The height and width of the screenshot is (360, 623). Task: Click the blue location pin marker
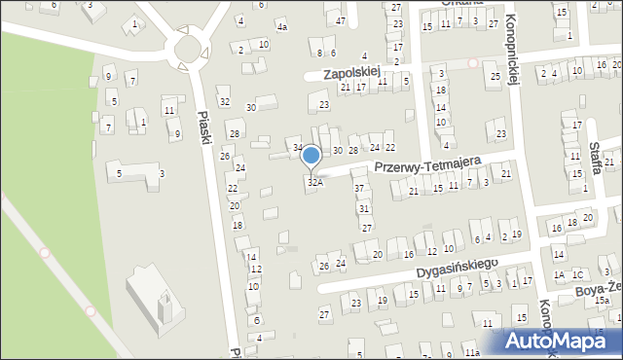pos(311,157)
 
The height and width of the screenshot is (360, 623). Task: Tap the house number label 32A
pos(314,182)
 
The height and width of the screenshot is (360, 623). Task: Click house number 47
pos(340,20)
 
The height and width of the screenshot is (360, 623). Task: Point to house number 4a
pos(281,27)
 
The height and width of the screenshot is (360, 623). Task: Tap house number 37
pos(359,188)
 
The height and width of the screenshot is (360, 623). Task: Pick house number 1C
pos(576,275)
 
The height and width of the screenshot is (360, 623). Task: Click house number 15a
pos(602,302)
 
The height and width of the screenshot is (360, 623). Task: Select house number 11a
pos(472,352)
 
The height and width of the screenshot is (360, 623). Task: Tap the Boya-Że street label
pos(600,289)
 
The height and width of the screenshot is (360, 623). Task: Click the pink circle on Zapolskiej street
pos(473,62)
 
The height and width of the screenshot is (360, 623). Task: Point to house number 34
pos(298,148)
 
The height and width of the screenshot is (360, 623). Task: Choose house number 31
pos(363,208)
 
